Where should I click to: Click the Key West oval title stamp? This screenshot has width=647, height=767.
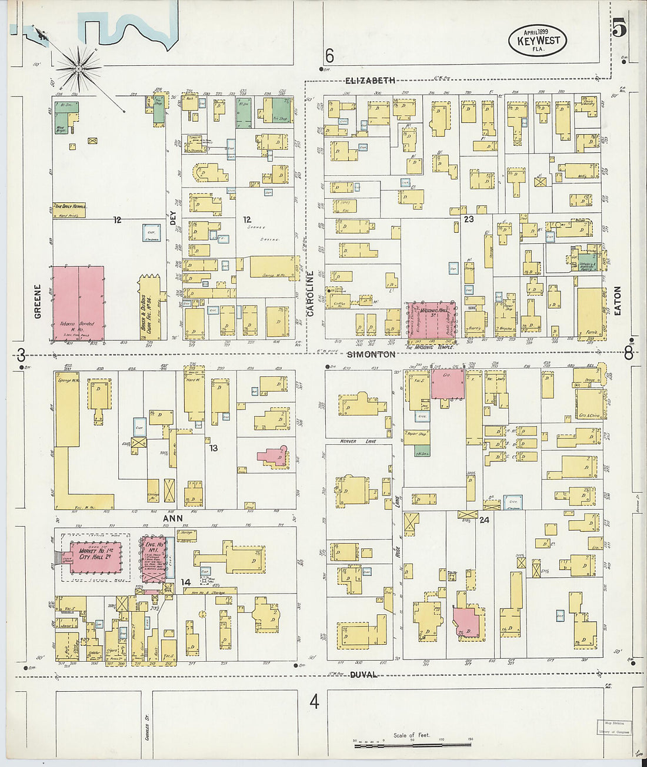point(538,41)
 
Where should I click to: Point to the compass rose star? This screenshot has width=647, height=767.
point(81,67)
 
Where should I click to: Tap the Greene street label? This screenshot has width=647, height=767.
point(38,302)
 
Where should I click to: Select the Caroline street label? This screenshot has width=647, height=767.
point(311,294)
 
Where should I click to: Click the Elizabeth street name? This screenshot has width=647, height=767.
point(370,80)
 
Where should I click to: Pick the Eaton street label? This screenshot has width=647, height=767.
point(617,300)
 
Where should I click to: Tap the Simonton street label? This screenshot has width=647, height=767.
point(371,354)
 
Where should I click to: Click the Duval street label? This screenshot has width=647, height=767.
point(363,675)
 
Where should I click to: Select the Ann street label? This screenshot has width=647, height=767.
point(173,518)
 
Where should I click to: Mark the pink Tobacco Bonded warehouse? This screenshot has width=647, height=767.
point(78,303)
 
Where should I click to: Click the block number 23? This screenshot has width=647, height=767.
point(468,219)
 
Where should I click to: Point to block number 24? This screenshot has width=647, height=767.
point(484,520)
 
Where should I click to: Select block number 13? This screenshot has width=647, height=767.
point(213,448)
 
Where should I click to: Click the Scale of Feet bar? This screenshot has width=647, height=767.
point(412,744)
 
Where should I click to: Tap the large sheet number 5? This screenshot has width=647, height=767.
point(619,28)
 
